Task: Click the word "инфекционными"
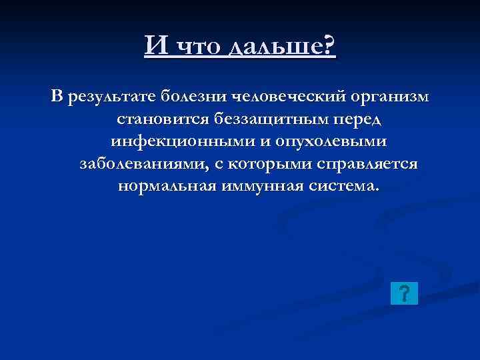pyautogui.click(x=177, y=143)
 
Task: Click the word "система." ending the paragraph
pyautogui.click(x=343, y=187)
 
